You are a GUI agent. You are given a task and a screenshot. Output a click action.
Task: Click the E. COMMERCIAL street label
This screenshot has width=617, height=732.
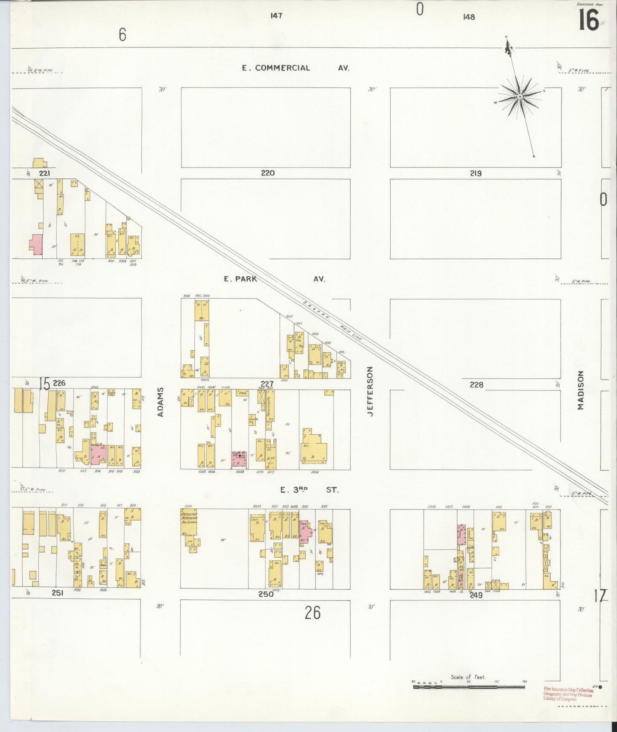coord(276,67)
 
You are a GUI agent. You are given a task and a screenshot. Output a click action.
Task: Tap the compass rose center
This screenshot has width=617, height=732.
coord(520,97)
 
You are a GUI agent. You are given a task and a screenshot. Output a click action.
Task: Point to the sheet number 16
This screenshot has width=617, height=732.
coord(588,20)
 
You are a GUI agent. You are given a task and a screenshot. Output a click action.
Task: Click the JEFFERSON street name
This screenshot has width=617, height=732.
coord(370,391)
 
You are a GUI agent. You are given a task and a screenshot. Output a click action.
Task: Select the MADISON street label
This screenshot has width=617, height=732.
coord(580,390)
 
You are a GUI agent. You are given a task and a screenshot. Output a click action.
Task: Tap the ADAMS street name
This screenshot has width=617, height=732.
coord(161,402)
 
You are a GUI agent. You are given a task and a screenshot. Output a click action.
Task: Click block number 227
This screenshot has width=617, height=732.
coord(267,384)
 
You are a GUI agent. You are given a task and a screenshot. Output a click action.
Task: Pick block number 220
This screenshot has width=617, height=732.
coord(267,173)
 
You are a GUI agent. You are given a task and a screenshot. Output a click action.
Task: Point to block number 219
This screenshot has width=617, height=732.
coord(476,173)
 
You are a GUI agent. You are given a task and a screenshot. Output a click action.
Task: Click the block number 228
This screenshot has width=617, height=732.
coord(476,384)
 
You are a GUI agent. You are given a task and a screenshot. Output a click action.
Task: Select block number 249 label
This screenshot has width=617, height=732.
coord(476,595)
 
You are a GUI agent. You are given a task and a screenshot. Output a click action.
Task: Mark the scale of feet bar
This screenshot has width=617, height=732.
coord(469,686)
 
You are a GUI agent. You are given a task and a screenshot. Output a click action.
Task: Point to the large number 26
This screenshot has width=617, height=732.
coord(313,613)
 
